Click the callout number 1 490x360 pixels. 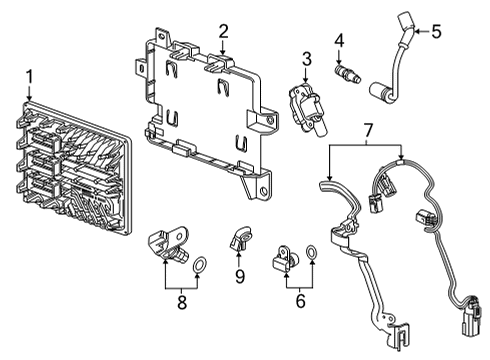click(29, 77)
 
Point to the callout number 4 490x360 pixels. click(339, 40)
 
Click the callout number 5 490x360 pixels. click(436, 31)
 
